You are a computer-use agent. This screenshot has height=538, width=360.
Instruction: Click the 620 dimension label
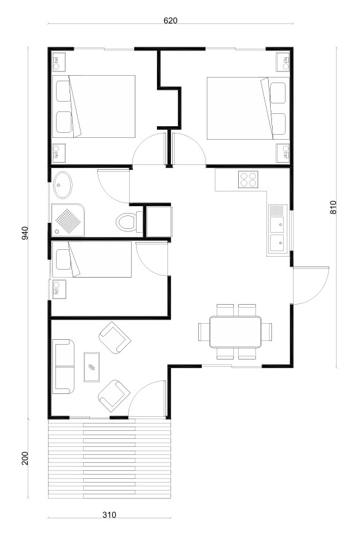coord(170,20)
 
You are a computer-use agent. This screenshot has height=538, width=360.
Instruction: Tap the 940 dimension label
coord(25,233)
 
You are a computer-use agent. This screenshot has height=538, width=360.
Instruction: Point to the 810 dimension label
coord(333,207)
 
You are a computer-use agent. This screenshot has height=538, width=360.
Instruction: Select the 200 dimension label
coord(25,458)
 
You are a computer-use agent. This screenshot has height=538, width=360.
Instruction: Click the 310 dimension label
coord(109,515)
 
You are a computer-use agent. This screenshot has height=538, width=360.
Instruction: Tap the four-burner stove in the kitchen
coord(248,179)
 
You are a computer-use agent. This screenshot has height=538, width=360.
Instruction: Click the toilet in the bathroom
coord(129,222)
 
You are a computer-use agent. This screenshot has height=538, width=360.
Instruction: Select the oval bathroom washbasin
coord(63,185)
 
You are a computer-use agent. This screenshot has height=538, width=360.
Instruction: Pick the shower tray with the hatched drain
coord(68,220)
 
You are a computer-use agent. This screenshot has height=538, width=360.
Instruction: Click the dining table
coord(235,332)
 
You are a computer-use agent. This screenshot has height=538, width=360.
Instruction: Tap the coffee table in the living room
coord(92,367)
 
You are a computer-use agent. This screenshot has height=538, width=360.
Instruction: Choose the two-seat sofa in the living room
coord(63,366)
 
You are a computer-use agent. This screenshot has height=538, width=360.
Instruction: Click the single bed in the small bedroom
coord(92,259)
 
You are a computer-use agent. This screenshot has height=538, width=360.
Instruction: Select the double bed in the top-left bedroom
coord(94,106)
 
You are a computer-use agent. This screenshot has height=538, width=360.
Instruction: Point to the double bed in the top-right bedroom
coord(248,108)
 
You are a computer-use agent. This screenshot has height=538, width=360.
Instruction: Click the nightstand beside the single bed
coord(59,289)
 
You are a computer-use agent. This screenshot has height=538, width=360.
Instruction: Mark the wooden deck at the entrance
coord(110,459)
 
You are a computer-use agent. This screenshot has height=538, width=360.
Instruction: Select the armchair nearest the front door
coord(114,396)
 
